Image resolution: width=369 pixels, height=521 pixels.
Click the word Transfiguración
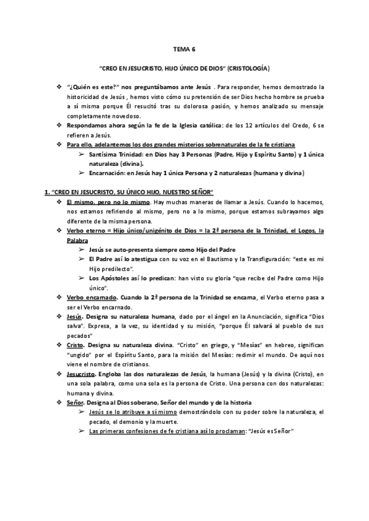click(x=271, y=259)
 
